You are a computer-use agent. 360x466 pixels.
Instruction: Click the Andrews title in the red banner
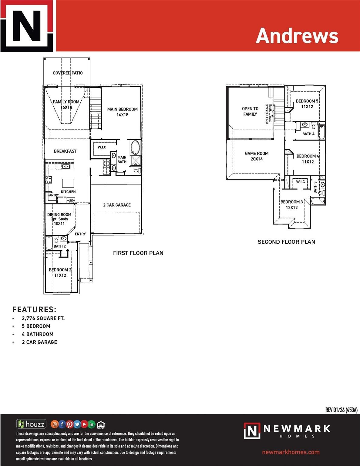tap(297, 35)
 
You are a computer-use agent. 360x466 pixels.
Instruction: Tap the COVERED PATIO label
tap(68, 73)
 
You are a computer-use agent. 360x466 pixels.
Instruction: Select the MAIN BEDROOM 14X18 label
tap(122, 112)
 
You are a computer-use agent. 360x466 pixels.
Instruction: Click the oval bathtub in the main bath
tap(135, 147)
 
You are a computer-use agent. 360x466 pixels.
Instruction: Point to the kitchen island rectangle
tap(68, 183)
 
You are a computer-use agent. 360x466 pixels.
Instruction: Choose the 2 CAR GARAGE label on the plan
tap(117, 205)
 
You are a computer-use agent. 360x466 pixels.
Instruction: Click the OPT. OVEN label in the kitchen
tap(71, 201)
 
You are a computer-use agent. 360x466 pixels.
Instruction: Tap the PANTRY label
tap(53, 195)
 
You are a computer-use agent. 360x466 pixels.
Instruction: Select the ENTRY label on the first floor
tap(80, 234)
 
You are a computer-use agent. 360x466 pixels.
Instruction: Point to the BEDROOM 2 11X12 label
tap(60, 272)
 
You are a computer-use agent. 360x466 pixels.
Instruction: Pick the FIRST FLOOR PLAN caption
tap(138, 253)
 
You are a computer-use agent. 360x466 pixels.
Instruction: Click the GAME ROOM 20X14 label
tap(257, 156)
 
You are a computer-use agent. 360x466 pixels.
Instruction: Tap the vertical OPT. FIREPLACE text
tap(267, 114)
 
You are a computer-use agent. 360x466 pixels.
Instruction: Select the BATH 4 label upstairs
tap(308, 134)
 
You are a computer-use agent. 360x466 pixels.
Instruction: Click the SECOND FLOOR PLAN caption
tap(286, 242)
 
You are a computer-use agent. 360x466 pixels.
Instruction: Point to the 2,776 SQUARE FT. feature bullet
tap(43, 318)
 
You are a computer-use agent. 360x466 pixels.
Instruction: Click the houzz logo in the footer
tap(31, 424)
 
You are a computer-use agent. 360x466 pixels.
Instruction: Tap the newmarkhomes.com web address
tap(291, 452)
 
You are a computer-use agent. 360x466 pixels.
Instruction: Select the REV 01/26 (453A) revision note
tap(341, 410)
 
